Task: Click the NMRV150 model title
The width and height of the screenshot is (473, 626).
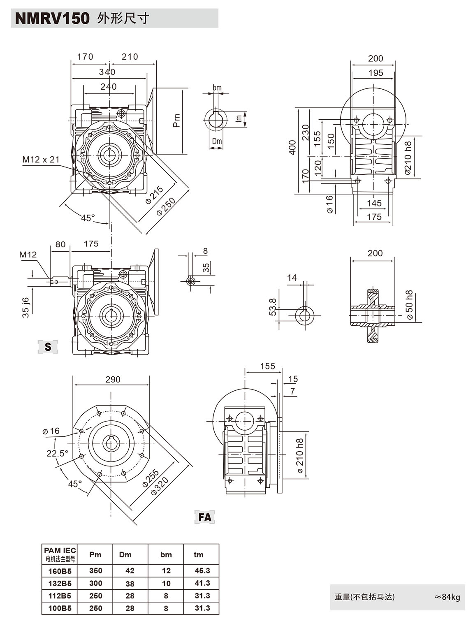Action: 52,19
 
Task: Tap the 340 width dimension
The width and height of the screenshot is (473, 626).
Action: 107,72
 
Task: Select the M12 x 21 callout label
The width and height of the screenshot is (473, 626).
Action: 41,160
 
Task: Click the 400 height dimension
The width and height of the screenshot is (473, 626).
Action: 292,147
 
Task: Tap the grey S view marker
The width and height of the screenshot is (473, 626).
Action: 48,347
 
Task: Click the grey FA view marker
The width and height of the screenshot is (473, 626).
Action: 204,517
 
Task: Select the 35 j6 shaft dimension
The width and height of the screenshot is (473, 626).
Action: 26,307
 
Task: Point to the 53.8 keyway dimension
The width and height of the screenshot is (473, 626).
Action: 272,307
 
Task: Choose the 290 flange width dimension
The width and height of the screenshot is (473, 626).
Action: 113,379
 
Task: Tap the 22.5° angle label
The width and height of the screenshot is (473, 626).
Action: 57,453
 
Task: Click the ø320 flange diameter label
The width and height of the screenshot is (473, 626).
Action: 160,486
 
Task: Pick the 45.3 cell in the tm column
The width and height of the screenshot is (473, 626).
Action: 202,570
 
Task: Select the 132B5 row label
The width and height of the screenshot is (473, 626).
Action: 60,583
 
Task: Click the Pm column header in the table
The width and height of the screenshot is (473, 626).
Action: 95,554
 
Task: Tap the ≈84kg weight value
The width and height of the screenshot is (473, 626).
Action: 447,597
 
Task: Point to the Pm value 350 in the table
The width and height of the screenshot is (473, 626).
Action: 95,570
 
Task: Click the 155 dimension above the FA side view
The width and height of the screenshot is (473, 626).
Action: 267,366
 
